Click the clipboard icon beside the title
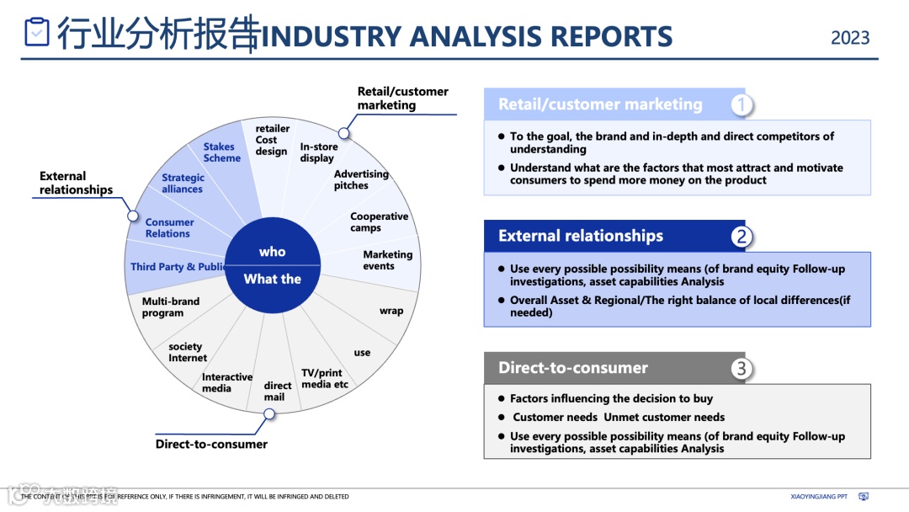coord(37,32)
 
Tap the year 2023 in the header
coord(850,38)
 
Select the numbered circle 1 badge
coord(741,104)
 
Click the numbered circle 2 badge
coord(741,237)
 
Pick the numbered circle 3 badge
coord(741,368)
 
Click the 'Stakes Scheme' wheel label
coord(221,152)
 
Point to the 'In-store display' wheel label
coord(318,152)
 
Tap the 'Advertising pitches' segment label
coord(360,179)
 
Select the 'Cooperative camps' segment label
coord(379,222)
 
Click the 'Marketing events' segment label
coord(387,260)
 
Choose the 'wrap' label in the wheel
coord(391,311)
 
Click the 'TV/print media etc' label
coord(324,379)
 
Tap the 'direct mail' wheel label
coord(277,392)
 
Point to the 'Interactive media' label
coord(226,383)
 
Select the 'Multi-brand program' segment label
coord(170,307)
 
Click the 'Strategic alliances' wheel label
coord(183,184)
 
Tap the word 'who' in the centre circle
coord(272,252)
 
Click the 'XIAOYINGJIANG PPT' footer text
coord(819,497)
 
